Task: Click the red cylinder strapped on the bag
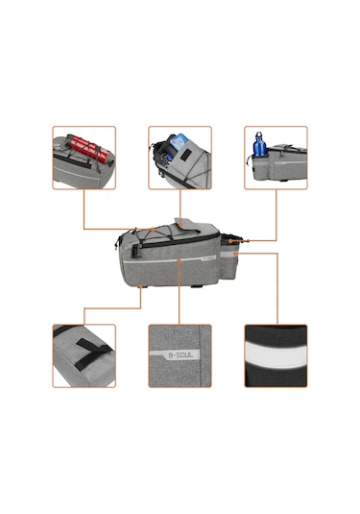click(x=89, y=150)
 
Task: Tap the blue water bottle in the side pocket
click(x=260, y=144)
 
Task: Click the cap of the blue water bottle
click(x=259, y=135)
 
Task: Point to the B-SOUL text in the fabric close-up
click(x=179, y=355)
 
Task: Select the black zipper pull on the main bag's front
click(x=135, y=251)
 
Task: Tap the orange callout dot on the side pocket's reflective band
click(x=235, y=254)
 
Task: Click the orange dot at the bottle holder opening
click(x=230, y=241)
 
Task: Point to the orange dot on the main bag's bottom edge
click(x=140, y=286)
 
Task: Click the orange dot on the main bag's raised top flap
click(x=180, y=225)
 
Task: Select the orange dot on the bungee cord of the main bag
click(x=153, y=229)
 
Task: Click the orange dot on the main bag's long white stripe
click(x=179, y=259)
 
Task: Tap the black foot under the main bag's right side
click(x=196, y=286)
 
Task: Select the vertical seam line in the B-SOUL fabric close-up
click(x=200, y=355)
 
